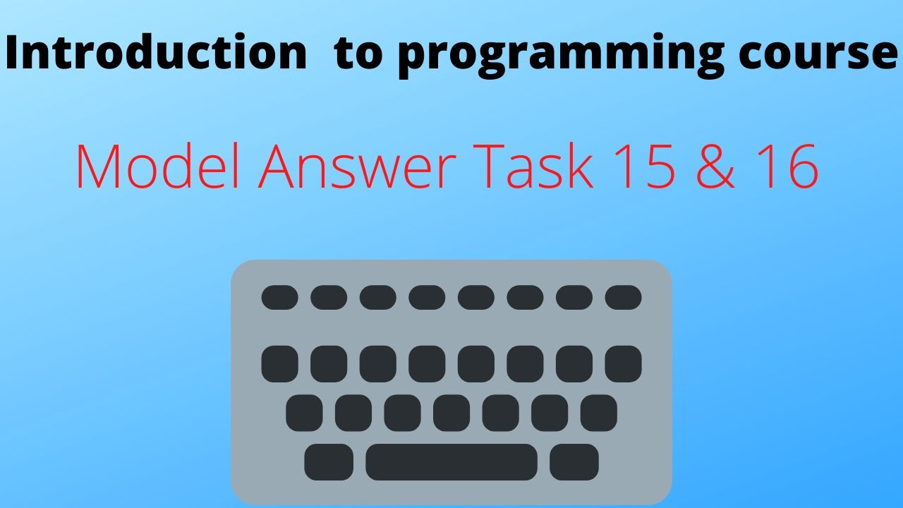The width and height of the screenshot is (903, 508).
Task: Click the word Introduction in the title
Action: [156, 54]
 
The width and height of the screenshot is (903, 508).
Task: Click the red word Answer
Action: [346, 167]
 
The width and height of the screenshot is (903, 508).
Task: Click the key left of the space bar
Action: [329, 462]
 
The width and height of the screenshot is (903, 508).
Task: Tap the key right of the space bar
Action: [574, 462]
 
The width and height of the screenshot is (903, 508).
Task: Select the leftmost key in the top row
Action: [279, 297]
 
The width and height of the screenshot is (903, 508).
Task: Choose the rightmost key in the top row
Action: [624, 297]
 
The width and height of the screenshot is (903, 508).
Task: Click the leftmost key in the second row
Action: [279, 364]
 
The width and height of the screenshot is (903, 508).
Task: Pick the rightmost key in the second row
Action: [624, 364]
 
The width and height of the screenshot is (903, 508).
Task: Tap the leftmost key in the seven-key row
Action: [304, 413]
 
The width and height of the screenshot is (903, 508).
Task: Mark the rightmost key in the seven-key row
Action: [599, 413]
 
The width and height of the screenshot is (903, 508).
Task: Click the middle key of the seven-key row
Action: [451, 413]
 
